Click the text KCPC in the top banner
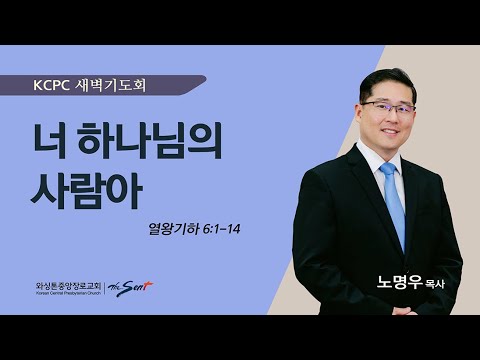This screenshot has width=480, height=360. [52, 85]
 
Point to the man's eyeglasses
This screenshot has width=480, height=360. [385, 107]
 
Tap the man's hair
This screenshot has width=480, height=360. [384, 78]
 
